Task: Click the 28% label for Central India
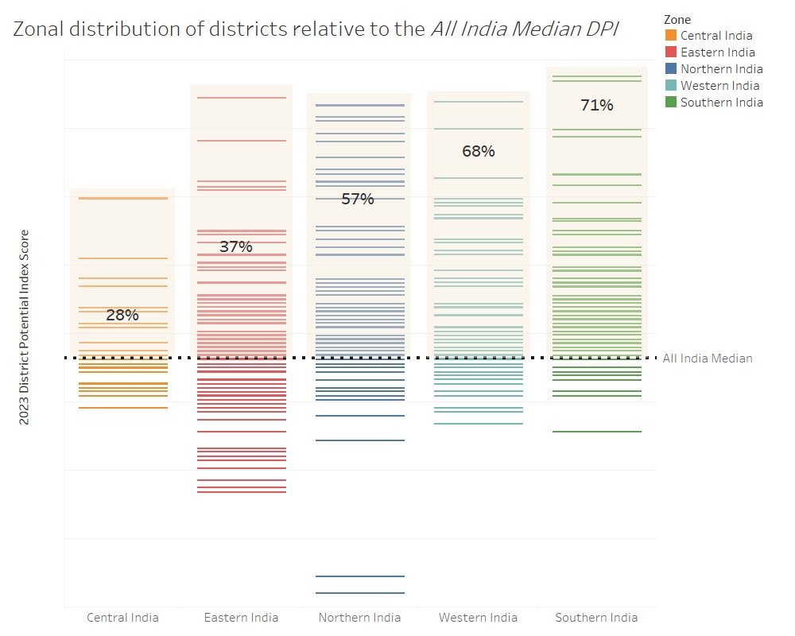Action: click(x=122, y=315)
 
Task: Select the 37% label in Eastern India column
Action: click(x=236, y=246)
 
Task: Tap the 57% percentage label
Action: click(x=358, y=199)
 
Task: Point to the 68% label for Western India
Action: click(x=479, y=151)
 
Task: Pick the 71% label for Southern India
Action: click(x=597, y=105)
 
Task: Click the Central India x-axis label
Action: click(x=122, y=618)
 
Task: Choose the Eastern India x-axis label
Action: click(x=241, y=618)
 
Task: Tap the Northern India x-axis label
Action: click(x=359, y=618)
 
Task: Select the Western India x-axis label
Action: click(x=478, y=618)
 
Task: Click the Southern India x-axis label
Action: click(x=596, y=618)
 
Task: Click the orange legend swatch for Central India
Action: click(x=671, y=36)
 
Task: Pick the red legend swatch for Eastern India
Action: click(x=671, y=52)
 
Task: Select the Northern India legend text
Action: click(x=721, y=69)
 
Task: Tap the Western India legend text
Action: click(x=719, y=86)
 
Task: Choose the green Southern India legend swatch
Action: click(x=671, y=103)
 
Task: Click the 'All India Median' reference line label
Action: click(x=708, y=359)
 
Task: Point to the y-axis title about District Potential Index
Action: click(x=25, y=327)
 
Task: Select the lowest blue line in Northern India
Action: click(x=359, y=593)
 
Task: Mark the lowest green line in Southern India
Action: click(x=597, y=432)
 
